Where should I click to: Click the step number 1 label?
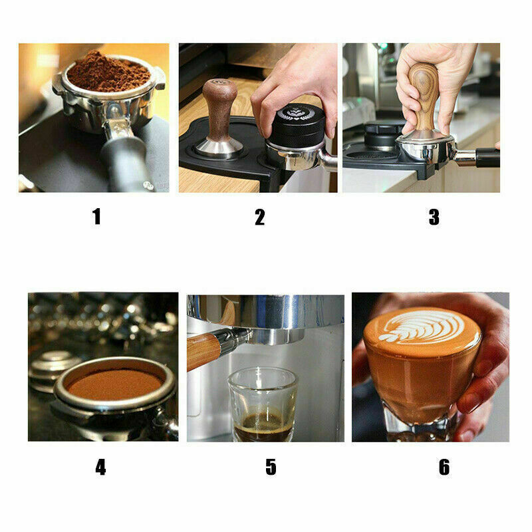96,217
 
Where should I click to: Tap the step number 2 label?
260,217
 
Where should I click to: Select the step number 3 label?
434,217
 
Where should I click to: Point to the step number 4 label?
100,467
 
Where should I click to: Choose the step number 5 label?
271,467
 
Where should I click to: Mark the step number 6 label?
444,467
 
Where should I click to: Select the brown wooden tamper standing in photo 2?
220,119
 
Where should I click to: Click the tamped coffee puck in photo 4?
114,384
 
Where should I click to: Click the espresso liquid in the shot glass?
263,426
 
